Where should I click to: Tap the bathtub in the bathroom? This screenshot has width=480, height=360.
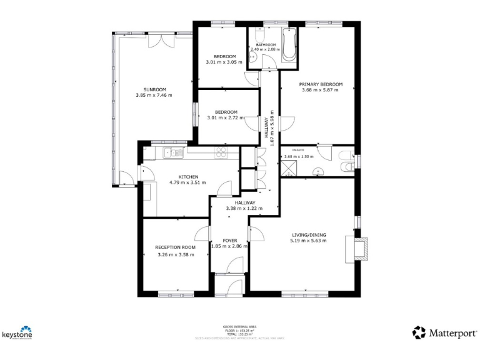tap(289, 45)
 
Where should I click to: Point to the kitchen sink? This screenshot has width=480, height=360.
tap(171, 152)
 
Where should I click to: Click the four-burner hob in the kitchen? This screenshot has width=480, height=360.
tap(222, 151)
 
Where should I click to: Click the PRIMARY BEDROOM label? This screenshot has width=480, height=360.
tap(320, 84)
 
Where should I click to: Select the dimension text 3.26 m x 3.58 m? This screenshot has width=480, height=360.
tap(175, 255)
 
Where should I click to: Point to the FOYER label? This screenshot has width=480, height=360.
tap(229, 240)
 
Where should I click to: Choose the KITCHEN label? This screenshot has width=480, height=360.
tap(188, 177)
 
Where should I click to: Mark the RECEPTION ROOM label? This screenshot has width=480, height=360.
tap(175, 247)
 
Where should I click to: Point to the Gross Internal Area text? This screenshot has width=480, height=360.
tap(239, 327)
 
